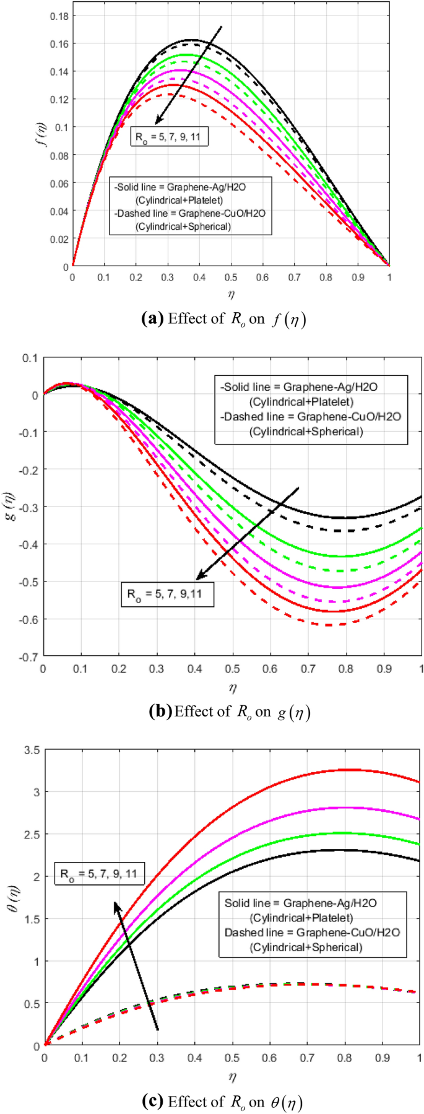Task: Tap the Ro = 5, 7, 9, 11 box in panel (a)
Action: click(x=169, y=137)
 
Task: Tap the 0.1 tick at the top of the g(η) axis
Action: click(x=31, y=358)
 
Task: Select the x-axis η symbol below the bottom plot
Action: click(x=232, y=1077)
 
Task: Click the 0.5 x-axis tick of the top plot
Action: click(x=231, y=278)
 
